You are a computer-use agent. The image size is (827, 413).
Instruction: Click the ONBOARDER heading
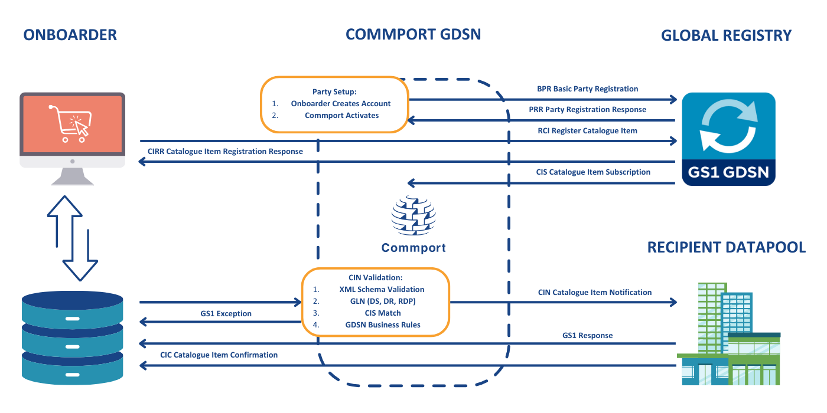click(x=70, y=35)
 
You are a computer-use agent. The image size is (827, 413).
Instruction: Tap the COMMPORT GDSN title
click(x=413, y=34)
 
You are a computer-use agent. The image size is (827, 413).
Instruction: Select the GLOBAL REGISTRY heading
click(x=726, y=35)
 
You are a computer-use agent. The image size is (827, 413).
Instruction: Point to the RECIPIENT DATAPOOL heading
click(x=726, y=247)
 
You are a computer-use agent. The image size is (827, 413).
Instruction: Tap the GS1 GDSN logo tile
click(x=728, y=139)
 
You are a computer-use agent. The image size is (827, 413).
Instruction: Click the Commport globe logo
click(x=413, y=217)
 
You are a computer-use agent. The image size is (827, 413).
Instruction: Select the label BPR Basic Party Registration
click(x=587, y=89)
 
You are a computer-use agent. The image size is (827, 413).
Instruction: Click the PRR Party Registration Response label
click(x=587, y=110)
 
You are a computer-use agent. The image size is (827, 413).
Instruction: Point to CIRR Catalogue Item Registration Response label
click(x=225, y=152)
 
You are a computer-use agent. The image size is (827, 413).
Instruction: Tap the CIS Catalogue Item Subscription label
click(x=593, y=172)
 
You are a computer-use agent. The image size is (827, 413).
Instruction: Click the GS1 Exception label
click(x=226, y=314)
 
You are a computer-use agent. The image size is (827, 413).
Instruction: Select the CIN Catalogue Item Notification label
click(x=594, y=293)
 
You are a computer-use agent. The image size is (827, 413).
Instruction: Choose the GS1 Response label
click(x=587, y=335)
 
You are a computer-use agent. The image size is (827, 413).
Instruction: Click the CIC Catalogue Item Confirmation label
click(x=219, y=355)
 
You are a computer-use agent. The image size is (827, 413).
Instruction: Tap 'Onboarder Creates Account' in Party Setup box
click(x=341, y=103)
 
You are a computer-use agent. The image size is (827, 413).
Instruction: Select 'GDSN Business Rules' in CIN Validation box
click(x=383, y=324)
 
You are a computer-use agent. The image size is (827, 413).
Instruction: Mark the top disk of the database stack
click(x=72, y=304)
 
